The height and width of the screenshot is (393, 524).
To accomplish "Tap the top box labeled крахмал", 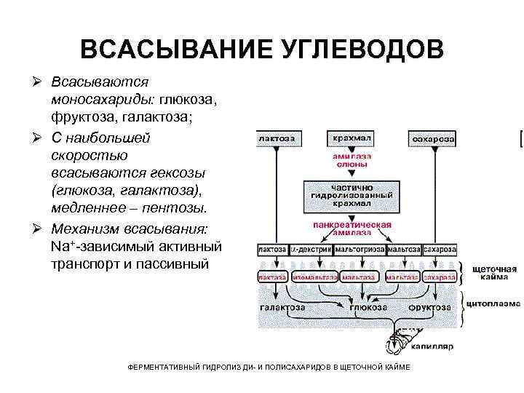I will click(x=352, y=138).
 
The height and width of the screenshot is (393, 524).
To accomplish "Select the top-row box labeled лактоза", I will click(x=277, y=138).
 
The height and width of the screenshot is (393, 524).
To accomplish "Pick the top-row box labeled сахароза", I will click(x=434, y=138).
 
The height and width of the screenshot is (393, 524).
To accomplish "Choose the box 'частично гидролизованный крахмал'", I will click(x=352, y=195).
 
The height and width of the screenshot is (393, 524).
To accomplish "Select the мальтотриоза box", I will click(x=359, y=249).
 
